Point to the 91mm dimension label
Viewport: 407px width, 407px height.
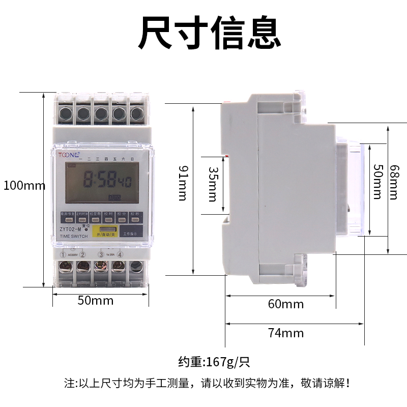click(x=182, y=183)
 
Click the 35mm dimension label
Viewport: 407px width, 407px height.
click(x=213, y=184)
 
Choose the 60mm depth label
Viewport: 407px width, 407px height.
click(x=286, y=304)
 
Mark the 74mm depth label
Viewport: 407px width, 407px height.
click(x=286, y=333)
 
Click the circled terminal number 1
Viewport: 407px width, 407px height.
click(x=63, y=254)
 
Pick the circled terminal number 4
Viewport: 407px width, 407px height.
click(x=120, y=254)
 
